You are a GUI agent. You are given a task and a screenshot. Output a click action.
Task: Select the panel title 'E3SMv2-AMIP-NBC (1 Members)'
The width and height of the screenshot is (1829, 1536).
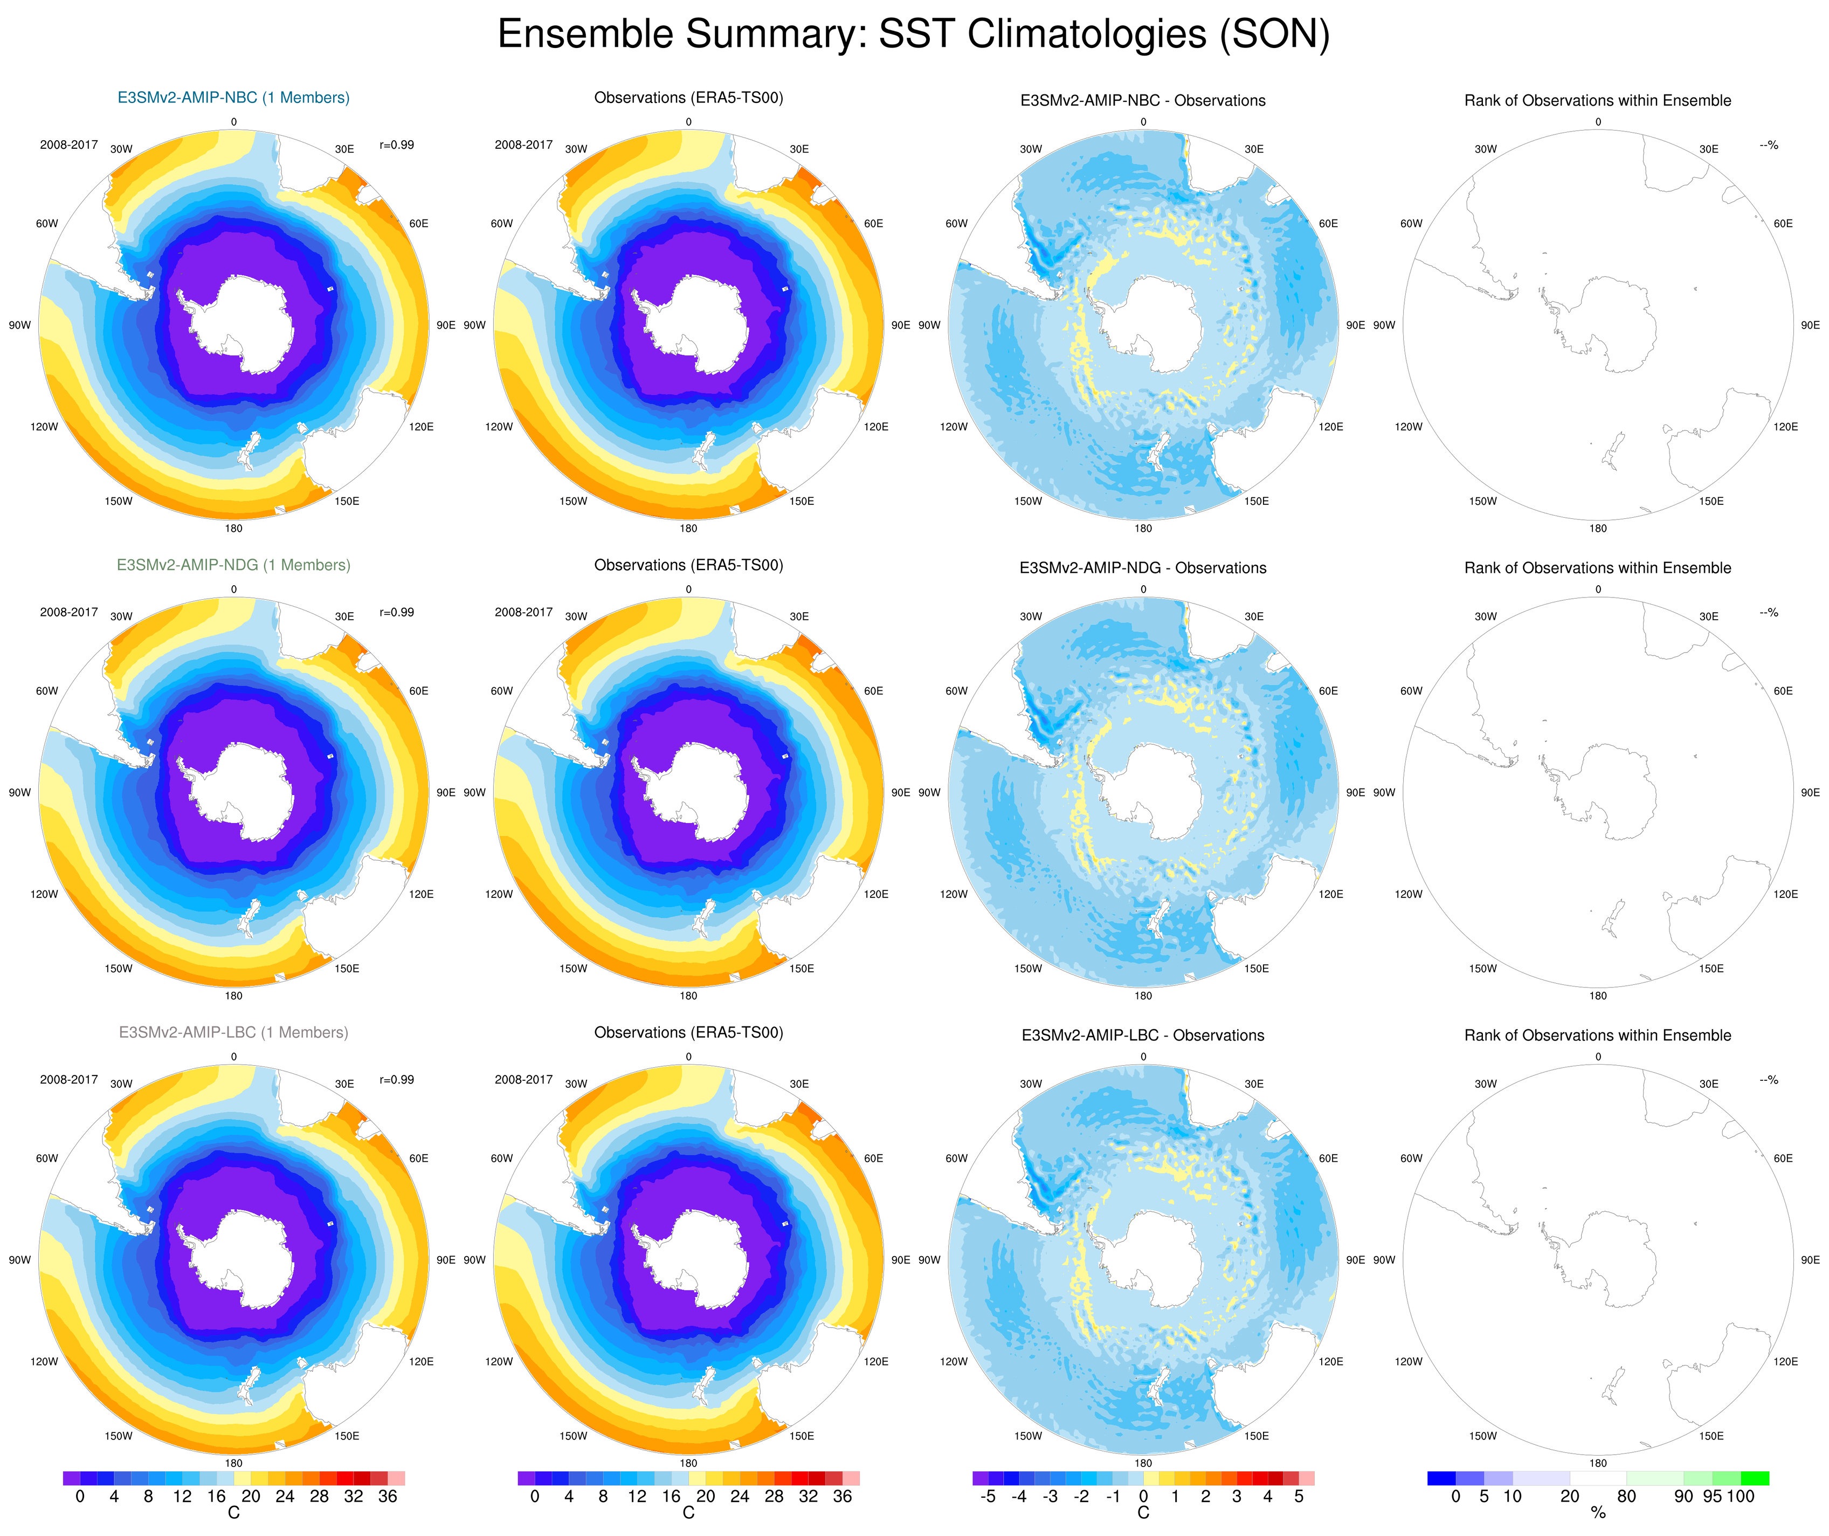tap(233, 98)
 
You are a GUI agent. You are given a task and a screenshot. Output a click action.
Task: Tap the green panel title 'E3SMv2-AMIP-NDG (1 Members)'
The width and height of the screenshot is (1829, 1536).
tap(233, 565)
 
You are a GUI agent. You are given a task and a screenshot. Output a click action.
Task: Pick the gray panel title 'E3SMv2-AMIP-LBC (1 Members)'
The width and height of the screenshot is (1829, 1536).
tap(233, 1032)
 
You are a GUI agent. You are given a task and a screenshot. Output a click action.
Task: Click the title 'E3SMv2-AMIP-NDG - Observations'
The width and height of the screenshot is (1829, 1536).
tap(1143, 568)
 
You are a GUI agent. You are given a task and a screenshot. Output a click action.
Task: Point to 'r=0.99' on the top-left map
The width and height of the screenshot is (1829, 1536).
tap(397, 145)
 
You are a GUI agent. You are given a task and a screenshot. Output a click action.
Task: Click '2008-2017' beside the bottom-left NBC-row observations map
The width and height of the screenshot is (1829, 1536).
tap(523, 145)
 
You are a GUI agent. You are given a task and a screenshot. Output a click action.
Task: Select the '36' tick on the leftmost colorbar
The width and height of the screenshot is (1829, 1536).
tap(388, 1496)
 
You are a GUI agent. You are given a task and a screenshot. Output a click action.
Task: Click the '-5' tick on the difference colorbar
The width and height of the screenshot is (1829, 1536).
tap(987, 1496)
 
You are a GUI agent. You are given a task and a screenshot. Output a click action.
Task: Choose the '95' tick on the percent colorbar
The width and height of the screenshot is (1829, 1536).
tap(1712, 1496)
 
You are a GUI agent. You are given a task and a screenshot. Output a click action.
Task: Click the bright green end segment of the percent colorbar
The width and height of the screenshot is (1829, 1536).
tap(1755, 1478)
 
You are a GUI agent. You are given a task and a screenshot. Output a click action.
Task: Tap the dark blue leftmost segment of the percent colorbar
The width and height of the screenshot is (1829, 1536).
tap(1441, 1478)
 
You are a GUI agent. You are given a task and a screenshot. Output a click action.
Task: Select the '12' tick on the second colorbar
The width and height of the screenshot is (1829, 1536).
tap(637, 1496)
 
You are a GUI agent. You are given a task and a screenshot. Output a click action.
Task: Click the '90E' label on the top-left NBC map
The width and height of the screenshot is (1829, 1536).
tap(446, 325)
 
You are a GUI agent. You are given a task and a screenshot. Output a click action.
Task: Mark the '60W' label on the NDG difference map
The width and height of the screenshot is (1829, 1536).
tap(956, 691)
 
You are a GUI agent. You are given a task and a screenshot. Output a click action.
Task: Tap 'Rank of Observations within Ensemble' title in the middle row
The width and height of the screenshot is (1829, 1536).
tap(1597, 568)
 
